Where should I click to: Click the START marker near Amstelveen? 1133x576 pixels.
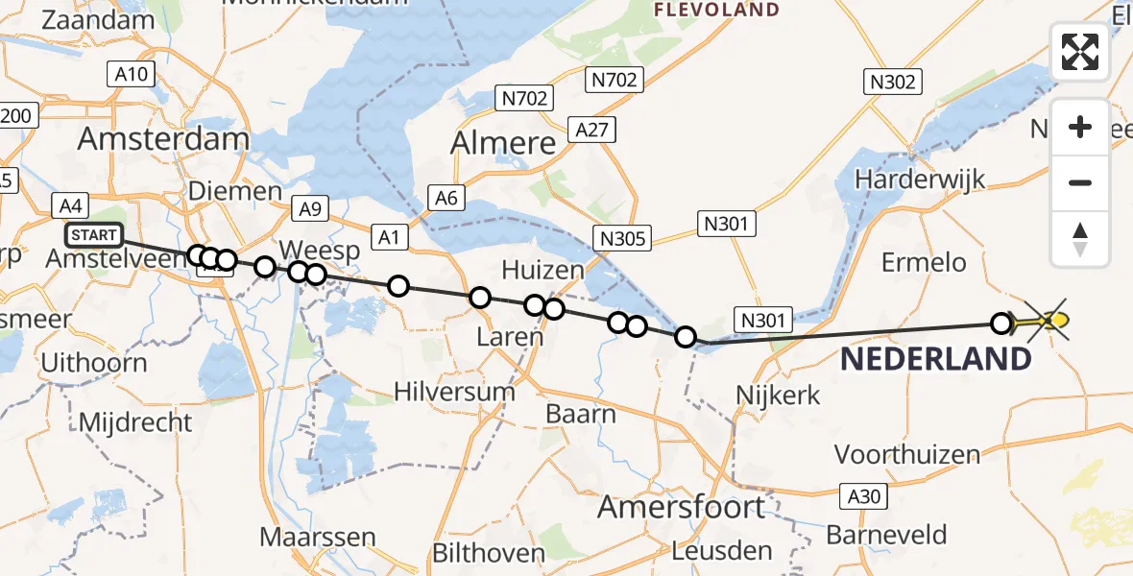pyautogui.click(x=94, y=235)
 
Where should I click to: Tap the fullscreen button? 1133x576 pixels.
pyautogui.click(x=1080, y=52)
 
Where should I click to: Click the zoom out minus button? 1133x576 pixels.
pyautogui.click(x=1080, y=182)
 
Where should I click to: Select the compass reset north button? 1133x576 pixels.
pyautogui.click(x=1080, y=239)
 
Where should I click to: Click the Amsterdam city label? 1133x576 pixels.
pyautogui.click(x=163, y=139)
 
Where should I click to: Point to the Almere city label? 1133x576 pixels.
pyautogui.click(x=504, y=144)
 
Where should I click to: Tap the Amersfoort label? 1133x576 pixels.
pyautogui.click(x=682, y=507)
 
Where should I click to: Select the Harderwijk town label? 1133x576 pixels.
pyautogui.click(x=921, y=179)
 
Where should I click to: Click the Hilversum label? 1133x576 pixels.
pyautogui.click(x=454, y=391)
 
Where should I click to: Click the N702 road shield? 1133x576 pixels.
pyautogui.click(x=523, y=98)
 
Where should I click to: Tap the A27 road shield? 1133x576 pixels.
pyautogui.click(x=591, y=130)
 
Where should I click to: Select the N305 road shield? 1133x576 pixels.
pyautogui.click(x=621, y=237)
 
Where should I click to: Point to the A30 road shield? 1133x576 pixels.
pyautogui.click(x=861, y=496)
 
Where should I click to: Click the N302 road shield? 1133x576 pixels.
pyautogui.click(x=892, y=83)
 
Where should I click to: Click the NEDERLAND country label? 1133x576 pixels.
pyautogui.click(x=936, y=360)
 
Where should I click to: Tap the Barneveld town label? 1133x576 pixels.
pyautogui.click(x=886, y=535)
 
